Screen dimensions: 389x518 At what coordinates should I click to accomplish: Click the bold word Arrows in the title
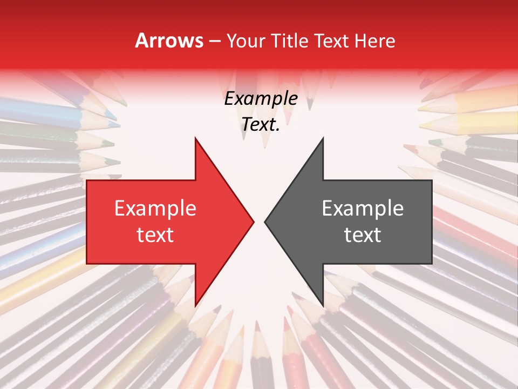point(169,41)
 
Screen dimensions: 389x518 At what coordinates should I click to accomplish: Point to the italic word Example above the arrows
point(261,99)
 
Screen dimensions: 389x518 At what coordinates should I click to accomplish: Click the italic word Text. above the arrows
point(261,125)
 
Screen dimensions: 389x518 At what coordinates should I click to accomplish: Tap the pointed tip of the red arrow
point(253,222)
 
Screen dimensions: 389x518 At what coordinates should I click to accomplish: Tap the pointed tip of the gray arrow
point(265,222)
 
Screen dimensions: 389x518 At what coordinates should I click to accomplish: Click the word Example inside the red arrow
point(155,209)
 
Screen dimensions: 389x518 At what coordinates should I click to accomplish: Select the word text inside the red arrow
point(155,235)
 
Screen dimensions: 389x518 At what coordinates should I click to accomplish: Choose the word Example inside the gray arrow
point(363,209)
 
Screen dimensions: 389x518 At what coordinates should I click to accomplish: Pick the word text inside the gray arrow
point(363,235)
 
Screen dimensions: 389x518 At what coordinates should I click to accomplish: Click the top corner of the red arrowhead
point(195,139)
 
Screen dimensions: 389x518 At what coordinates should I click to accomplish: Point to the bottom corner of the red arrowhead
point(195,305)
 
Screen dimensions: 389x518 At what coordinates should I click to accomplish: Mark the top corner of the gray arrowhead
point(323,139)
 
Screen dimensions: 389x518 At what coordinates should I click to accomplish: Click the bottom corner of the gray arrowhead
point(323,305)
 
